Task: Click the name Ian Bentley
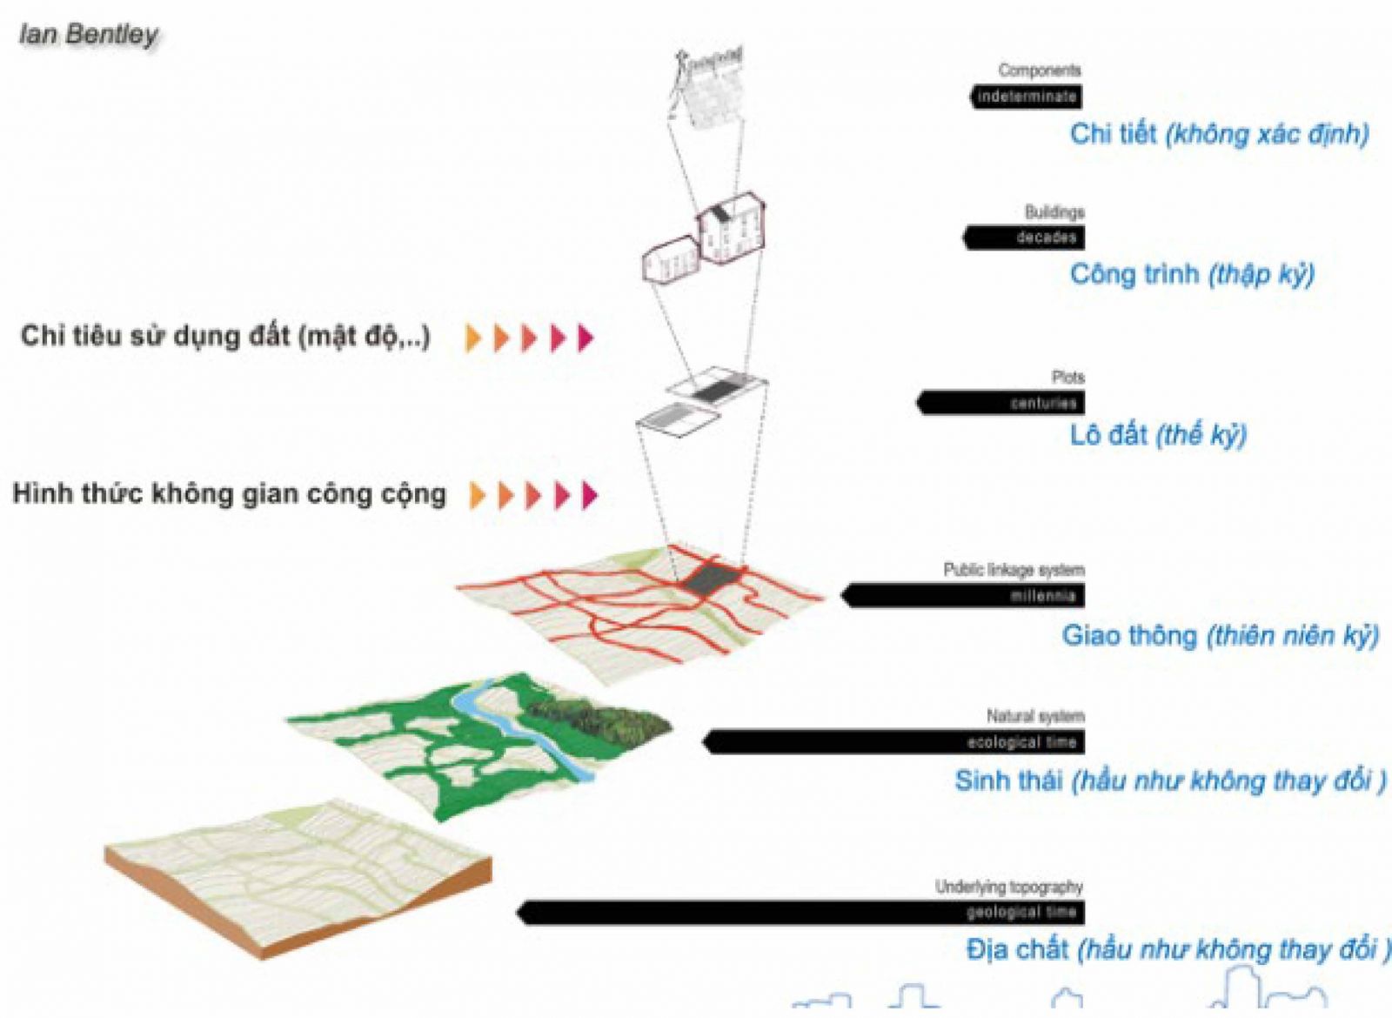[x=89, y=34]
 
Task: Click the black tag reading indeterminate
[x=1027, y=97]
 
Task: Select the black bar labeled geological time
[x=800, y=912]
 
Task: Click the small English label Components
[x=1040, y=70]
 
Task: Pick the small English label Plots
[x=1067, y=377]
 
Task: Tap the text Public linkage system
[x=1014, y=570]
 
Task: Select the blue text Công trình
[x=1134, y=274]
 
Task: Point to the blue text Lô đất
[x=1108, y=434]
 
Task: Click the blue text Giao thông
[x=1128, y=635]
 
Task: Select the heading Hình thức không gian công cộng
[x=229, y=494]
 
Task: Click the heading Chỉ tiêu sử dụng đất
[x=224, y=336]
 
